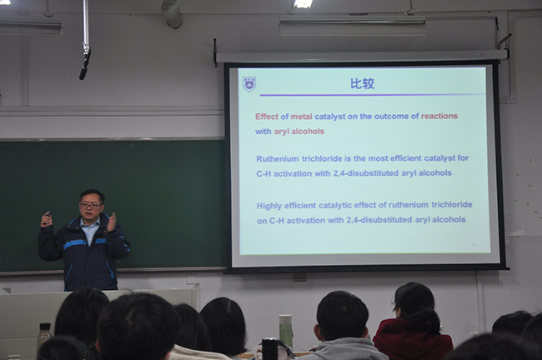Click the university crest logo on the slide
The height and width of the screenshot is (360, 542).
click(248, 84)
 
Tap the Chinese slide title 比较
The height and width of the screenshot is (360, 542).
click(362, 84)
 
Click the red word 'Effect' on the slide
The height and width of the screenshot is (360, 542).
click(267, 117)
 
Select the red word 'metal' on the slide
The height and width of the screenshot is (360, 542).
click(301, 117)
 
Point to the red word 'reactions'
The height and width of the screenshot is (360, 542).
click(439, 116)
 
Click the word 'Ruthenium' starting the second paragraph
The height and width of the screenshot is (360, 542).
click(277, 159)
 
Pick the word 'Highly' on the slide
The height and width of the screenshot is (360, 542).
click(269, 207)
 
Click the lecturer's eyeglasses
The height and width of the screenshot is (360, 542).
click(91, 206)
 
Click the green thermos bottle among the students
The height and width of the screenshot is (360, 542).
click(285, 330)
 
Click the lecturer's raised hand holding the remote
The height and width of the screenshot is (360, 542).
click(46, 220)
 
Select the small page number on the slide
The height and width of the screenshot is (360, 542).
click(474, 245)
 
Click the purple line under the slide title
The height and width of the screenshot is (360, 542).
click(372, 95)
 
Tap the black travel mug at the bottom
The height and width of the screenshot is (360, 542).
click(270, 349)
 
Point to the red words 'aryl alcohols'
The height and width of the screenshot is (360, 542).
click(299, 132)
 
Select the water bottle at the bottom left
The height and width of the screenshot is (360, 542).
click(44, 335)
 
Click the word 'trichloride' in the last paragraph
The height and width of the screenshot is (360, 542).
click(451, 204)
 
